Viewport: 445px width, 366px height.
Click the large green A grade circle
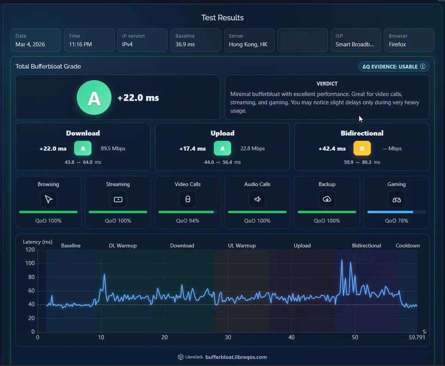(94, 98)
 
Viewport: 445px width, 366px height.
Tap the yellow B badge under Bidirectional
(362, 148)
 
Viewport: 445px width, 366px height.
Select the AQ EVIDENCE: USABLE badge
(394, 66)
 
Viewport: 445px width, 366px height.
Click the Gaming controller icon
(396, 200)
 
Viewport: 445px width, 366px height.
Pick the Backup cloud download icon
(327, 199)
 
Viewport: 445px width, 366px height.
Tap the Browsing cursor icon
(49, 199)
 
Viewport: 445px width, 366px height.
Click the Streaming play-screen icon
(118, 199)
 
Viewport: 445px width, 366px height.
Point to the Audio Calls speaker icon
(258, 199)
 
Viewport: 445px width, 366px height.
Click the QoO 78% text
(396, 221)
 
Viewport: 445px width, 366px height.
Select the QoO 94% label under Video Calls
(187, 221)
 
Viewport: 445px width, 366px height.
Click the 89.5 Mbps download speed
(113, 148)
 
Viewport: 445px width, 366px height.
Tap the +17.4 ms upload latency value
(192, 148)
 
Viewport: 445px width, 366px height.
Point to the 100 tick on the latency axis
(30, 263)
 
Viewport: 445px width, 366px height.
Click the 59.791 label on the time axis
(417, 337)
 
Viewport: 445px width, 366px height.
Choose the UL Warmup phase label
(242, 246)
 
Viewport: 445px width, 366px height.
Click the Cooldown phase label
(407, 246)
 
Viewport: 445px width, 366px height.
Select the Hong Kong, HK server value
(248, 44)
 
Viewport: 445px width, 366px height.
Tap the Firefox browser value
(397, 44)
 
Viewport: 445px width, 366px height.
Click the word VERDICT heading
(327, 84)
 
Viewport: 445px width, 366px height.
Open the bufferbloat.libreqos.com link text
(236, 357)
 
